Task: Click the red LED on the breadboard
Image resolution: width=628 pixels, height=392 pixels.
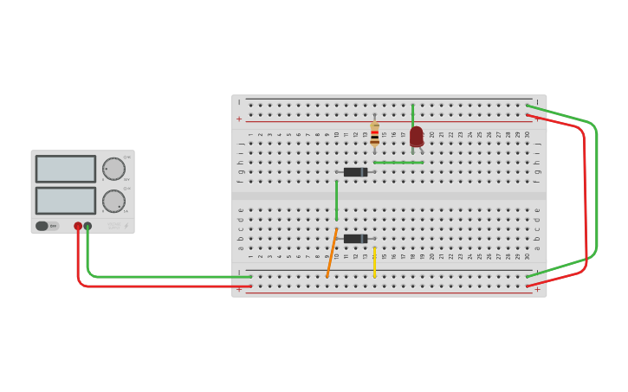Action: click(417, 136)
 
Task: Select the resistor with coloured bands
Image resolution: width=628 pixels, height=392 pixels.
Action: click(374, 133)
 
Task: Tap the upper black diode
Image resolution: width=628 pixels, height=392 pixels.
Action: click(355, 172)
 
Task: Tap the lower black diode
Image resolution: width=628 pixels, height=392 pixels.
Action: click(355, 239)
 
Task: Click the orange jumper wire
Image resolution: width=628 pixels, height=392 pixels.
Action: click(332, 254)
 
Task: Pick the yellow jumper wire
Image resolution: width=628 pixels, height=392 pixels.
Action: click(374, 262)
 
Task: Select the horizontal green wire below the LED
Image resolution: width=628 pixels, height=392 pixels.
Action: click(398, 162)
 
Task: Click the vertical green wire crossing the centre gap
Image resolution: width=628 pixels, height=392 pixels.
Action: click(336, 201)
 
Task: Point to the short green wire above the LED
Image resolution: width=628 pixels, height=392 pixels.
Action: click(412, 114)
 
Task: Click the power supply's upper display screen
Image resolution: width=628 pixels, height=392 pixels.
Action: click(66, 169)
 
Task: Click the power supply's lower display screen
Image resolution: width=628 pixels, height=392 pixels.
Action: click(66, 201)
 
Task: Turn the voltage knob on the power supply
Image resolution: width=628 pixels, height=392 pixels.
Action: click(113, 169)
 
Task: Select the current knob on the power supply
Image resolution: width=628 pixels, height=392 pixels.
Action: click(113, 201)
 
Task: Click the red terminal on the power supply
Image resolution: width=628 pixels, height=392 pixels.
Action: click(78, 226)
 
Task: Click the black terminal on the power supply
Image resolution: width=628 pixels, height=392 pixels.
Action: click(87, 226)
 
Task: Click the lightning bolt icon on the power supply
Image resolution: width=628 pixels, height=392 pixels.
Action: click(126, 226)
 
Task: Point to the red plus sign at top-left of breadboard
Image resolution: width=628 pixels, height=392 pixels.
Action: click(239, 119)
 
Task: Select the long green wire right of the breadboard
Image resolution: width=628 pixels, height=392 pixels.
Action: click(596, 190)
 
